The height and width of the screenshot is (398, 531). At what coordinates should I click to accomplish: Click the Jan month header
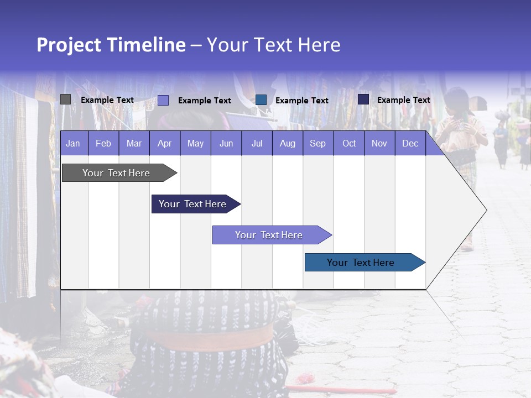[x=73, y=144]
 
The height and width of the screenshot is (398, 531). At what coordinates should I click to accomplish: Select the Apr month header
[x=165, y=144]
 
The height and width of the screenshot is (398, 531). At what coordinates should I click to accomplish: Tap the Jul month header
[x=257, y=144]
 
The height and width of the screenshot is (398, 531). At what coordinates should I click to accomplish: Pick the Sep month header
[x=317, y=144]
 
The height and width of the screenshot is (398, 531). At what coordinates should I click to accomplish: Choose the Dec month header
[x=410, y=144]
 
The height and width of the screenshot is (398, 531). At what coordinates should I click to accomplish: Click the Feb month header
[x=103, y=144]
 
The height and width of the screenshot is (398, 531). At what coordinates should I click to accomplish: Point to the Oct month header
[x=349, y=144]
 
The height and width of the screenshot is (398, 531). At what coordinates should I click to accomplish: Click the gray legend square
[x=66, y=99]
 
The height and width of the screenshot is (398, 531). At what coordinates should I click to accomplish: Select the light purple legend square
[x=163, y=100]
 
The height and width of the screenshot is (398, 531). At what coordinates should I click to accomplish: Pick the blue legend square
[x=261, y=99]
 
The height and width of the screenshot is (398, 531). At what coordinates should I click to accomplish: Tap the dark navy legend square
[x=363, y=99]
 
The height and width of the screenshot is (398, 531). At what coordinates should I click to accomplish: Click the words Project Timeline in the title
[x=111, y=45]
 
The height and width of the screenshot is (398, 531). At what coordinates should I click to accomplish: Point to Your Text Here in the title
[x=274, y=45]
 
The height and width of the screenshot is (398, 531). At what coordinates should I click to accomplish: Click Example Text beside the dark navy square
[x=403, y=100]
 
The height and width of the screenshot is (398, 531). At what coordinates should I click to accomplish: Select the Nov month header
[x=379, y=144]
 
